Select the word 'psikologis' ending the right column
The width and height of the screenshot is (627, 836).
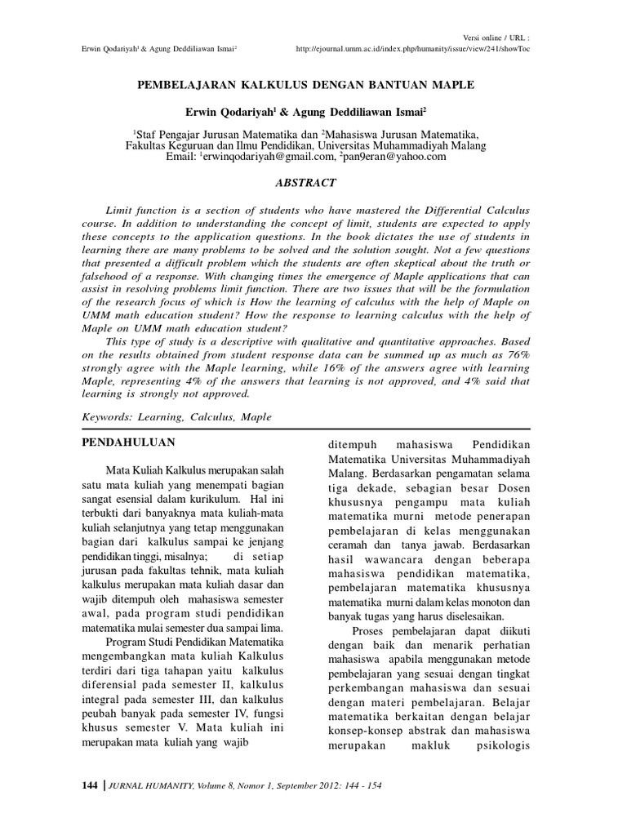tap(500, 744)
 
